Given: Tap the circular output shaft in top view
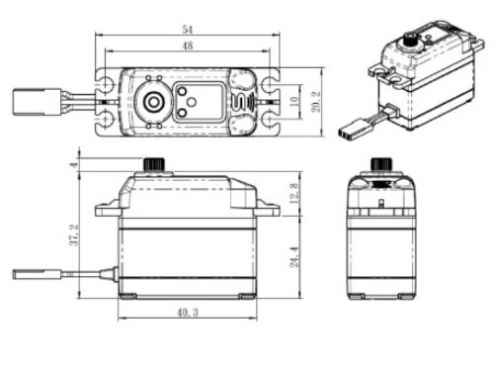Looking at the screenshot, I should tap(154, 102).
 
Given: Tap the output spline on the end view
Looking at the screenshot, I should tap(377, 163).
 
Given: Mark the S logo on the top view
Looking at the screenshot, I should tap(238, 103).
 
